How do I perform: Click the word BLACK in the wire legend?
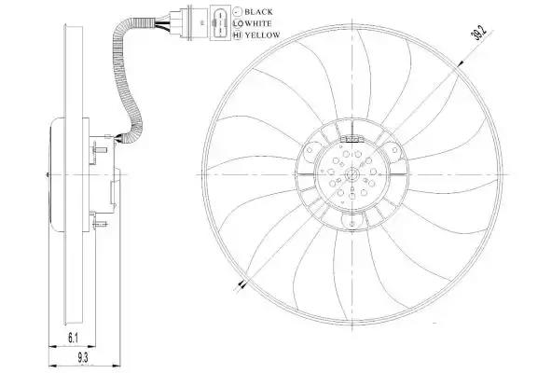pos(258,12)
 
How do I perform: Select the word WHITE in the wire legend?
pos(258,23)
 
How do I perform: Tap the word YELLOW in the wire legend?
pos(263,35)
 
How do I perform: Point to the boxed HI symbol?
pos(238,35)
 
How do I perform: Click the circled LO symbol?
pos(238,23)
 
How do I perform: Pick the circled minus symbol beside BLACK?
pos(238,12)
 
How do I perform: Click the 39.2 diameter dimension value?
pos(479,34)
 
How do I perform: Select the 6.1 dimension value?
pos(73,338)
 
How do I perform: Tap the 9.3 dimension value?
pos(82,358)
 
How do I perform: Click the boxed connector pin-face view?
pos(220,23)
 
